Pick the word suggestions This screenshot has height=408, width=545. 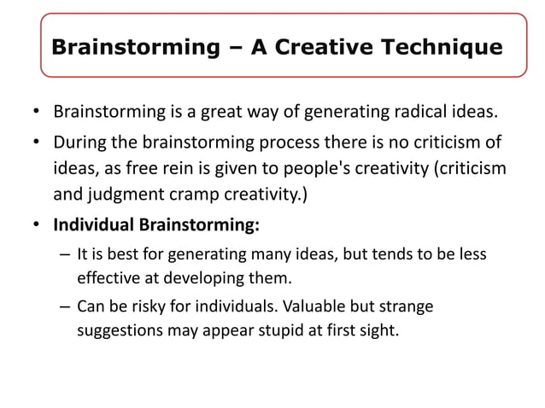click(117, 329)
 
